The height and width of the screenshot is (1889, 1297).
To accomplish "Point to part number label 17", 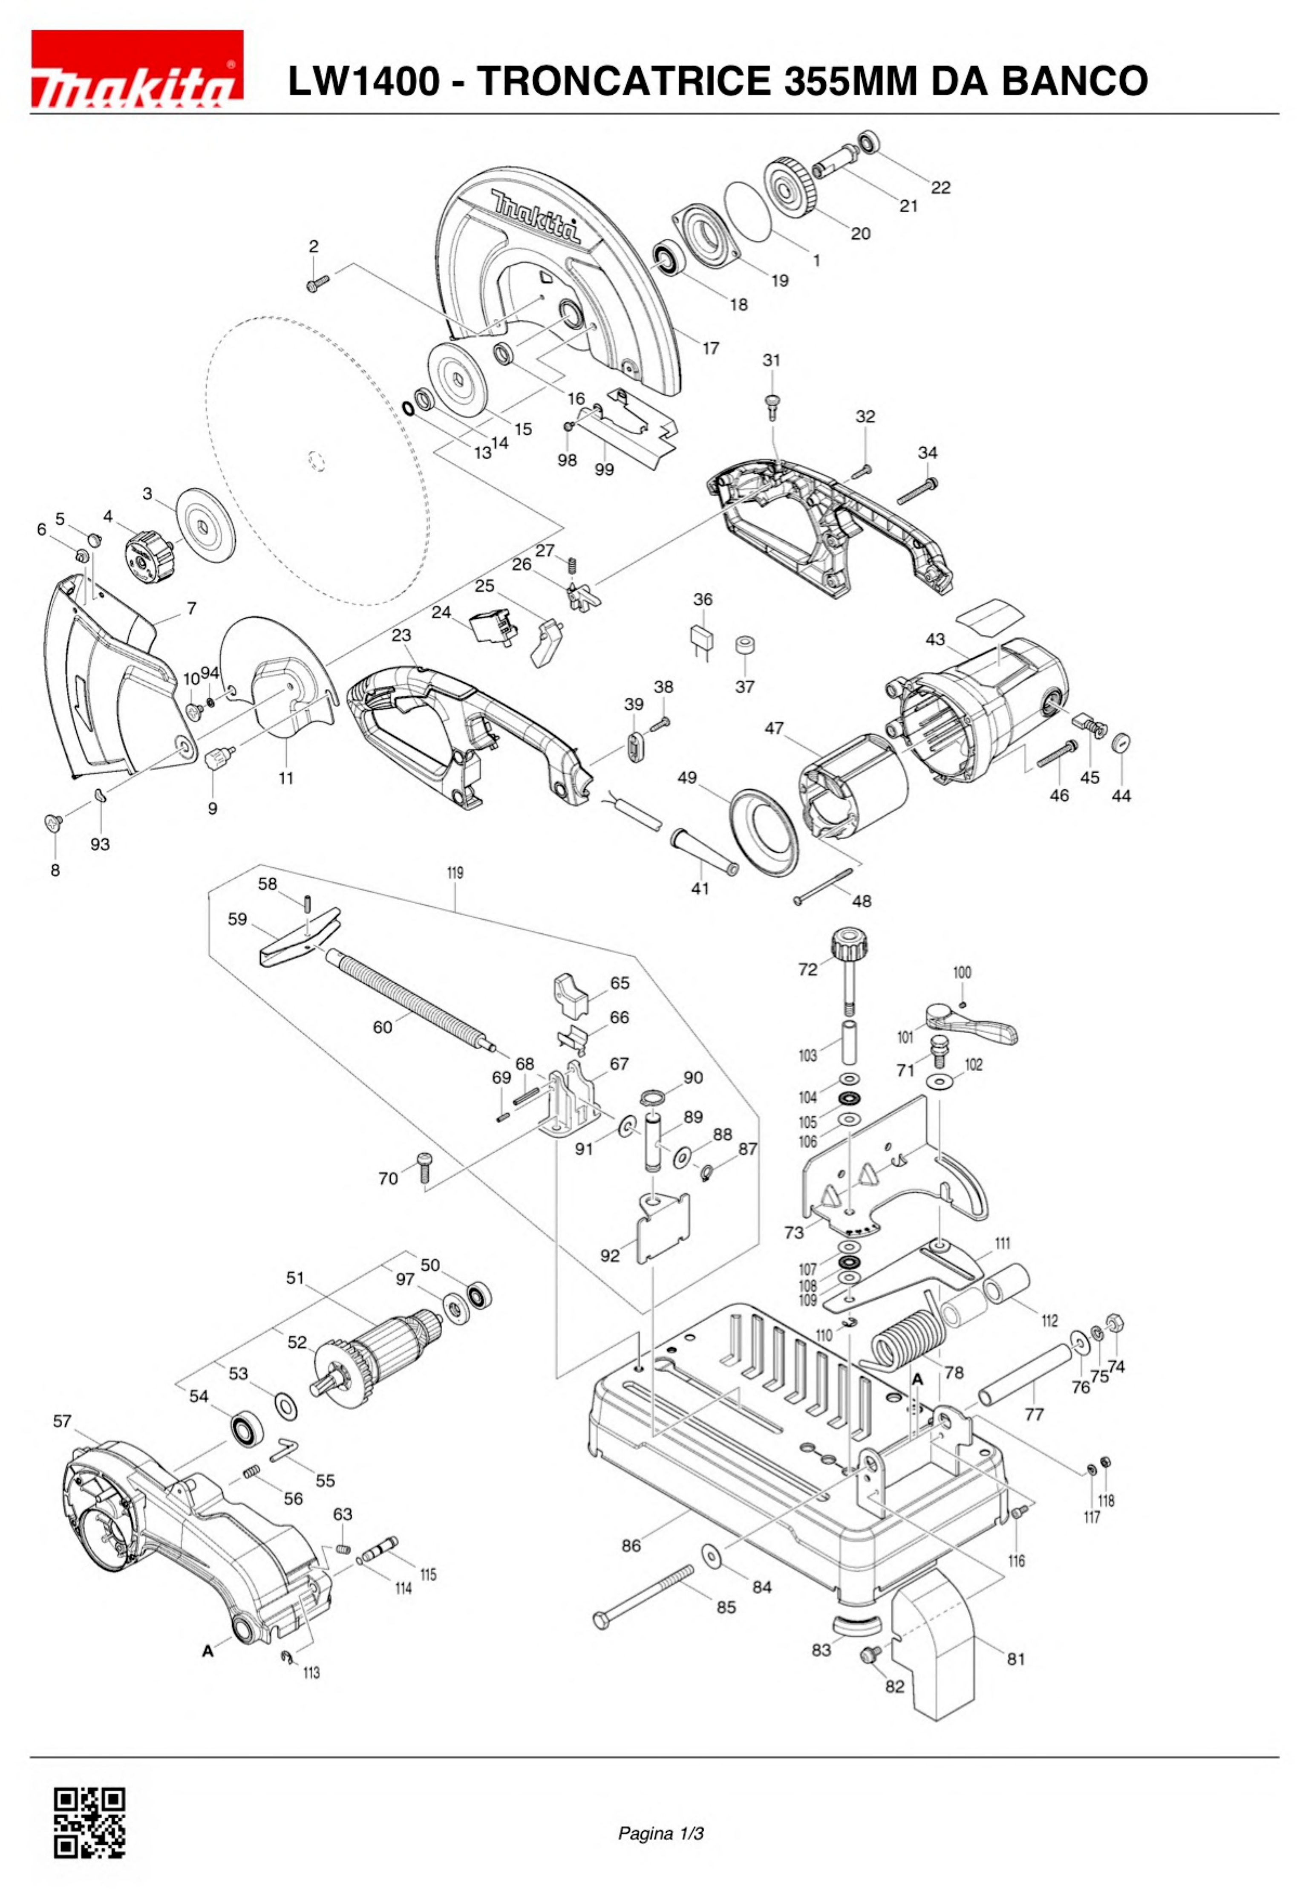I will pos(711,348).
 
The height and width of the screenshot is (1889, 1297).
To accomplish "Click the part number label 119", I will pos(455,873).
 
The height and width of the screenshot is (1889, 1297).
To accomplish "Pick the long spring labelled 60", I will pos(406,997).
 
